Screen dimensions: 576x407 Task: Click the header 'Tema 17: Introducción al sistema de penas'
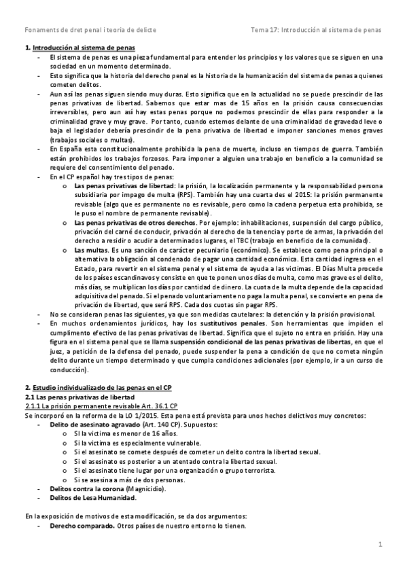[x=316, y=30]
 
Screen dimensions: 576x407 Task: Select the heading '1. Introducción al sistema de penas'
[x=79, y=48]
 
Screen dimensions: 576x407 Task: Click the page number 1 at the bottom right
[x=381, y=544]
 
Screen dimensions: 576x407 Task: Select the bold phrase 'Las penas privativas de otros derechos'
[x=135, y=222]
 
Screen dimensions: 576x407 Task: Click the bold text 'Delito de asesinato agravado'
[x=92, y=424]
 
